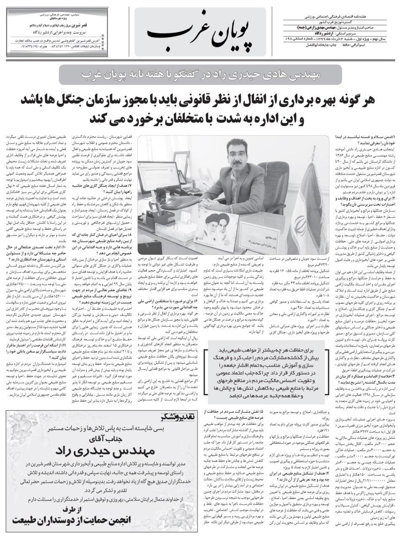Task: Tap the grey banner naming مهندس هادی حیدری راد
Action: [x=200, y=74]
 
